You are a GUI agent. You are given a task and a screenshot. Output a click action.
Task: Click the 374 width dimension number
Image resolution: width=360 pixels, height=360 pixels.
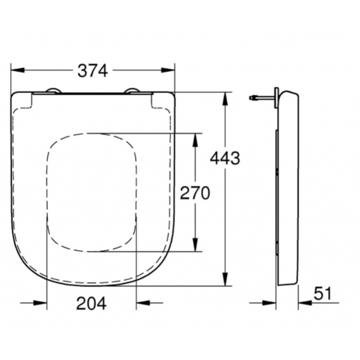click(x=93, y=71)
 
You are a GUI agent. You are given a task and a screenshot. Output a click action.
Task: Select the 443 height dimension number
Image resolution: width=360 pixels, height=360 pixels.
click(x=225, y=158)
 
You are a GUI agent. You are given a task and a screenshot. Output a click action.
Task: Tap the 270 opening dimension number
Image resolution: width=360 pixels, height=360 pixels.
click(x=195, y=193)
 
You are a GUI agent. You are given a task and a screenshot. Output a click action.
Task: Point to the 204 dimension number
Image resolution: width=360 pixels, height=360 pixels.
click(x=91, y=303)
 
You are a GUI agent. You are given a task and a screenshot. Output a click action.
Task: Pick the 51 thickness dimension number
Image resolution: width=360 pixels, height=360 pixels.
click(x=323, y=294)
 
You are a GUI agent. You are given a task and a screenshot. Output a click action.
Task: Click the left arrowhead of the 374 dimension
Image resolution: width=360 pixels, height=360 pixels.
click(x=18, y=70)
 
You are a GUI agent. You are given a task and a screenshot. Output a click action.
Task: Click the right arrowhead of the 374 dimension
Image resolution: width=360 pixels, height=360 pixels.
click(x=168, y=70)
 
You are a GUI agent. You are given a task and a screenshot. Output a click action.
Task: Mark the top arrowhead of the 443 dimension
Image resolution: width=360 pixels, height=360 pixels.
click(x=225, y=99)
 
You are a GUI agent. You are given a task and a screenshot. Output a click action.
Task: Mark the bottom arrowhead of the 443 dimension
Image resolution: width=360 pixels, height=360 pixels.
click(x=225, y=279)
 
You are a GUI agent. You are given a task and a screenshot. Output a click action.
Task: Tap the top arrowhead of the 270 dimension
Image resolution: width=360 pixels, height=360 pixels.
click(x=195, y=140)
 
